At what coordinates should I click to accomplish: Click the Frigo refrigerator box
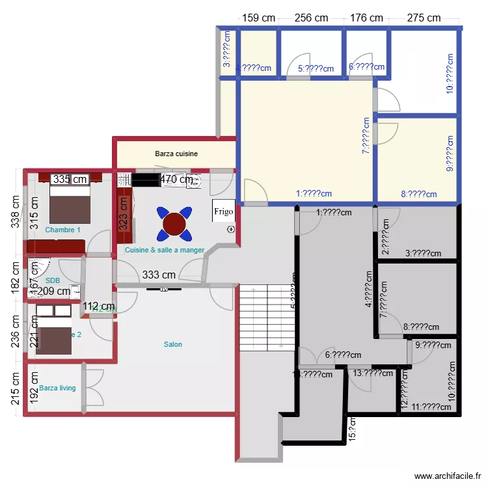(223, 211)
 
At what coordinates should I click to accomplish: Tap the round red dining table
(174, 223)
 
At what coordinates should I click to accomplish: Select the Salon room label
(172, 344)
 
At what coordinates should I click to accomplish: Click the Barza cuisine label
(176, 154)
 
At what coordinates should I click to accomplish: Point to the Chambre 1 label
(63, 230)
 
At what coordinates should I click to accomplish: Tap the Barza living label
(57, 388)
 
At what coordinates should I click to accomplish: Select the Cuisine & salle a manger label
(165, 250)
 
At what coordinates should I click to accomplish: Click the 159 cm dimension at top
(258, 18)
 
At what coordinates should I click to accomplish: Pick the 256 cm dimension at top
(311, 18)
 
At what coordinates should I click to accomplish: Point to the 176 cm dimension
(367, 18)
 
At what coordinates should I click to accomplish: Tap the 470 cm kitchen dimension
(176, 179)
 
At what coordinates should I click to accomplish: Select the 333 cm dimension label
(159, 275)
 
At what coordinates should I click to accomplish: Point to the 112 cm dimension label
(99, 306)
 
